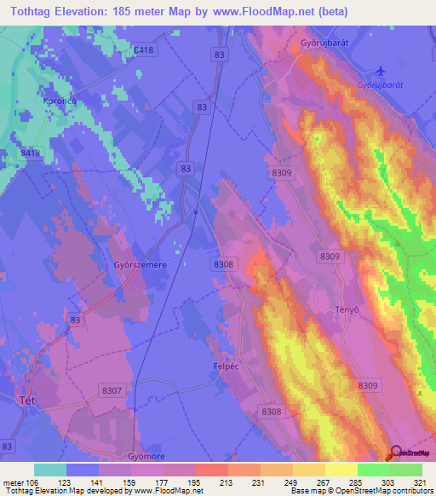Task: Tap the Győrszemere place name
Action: point(138,265)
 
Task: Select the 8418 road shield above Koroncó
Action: point(144,51)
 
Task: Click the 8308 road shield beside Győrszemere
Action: point(223,265)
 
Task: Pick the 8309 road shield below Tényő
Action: point(368,386)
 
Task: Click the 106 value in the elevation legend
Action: point(34,482)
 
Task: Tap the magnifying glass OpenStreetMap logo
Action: point(395,453)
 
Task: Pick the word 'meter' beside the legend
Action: point(13,482)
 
